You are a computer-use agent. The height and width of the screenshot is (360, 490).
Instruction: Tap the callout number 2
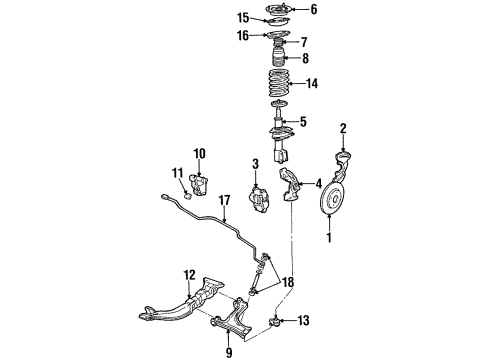click(x=343, y=128)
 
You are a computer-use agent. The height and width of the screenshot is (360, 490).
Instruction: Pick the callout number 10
click(x=198, y=152)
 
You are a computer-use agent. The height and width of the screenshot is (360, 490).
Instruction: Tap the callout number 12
click(x=188, y=275)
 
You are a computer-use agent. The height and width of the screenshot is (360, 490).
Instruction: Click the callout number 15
click(x=242, y=17)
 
